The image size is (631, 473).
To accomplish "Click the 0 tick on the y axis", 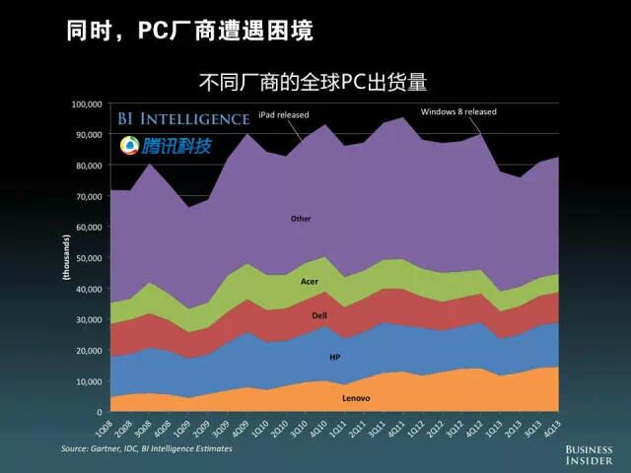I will [x=100, y=412].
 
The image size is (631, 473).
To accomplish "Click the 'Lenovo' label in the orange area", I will [x=356, y=398].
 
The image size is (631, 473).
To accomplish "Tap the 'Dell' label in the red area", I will [x=318, y=315].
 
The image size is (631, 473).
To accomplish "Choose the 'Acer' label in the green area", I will [x=309, y=281].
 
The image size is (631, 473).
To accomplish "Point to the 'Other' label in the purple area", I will [x=301, y=218].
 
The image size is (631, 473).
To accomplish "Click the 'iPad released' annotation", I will [x=283, y=115].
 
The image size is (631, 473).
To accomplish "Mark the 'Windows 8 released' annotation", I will [x=458, y=111].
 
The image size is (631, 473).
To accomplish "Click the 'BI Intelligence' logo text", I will [x=183, y=119].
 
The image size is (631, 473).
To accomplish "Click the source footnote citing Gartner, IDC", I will [x=147, y=448].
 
